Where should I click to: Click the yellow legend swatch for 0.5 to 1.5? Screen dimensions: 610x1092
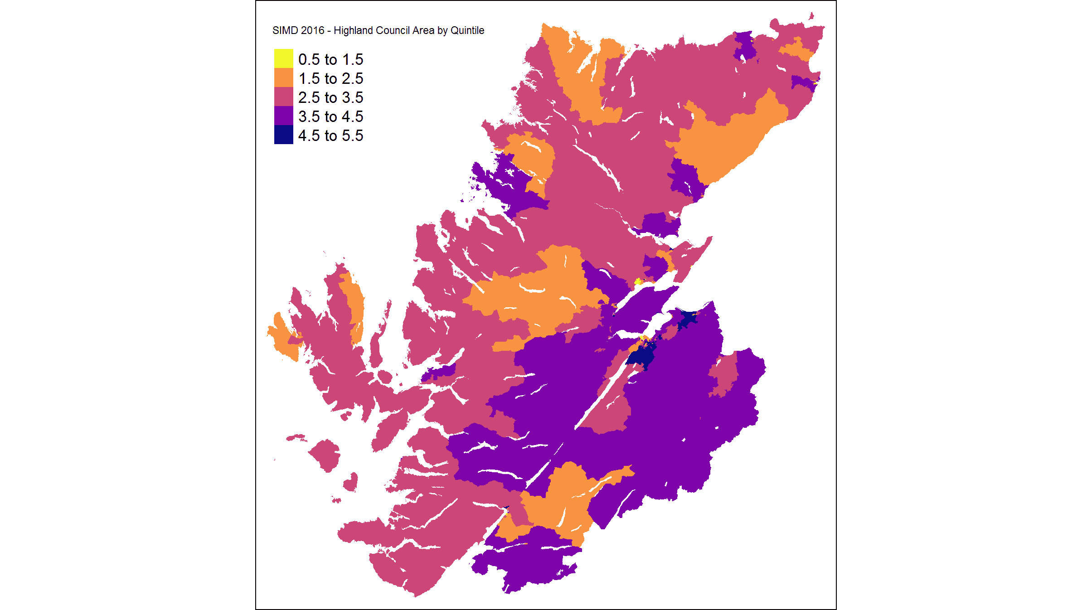(283, 58)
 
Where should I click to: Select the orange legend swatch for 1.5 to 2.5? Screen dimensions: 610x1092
(283, 77)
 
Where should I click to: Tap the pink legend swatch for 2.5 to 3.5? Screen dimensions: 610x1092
(283, 97)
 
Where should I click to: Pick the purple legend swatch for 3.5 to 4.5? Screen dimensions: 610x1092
(283, 116)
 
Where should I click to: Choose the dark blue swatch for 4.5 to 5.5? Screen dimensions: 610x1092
(283, 135)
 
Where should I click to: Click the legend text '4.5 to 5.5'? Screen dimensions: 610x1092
(330, 136)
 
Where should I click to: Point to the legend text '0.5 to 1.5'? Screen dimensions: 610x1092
(330, 59)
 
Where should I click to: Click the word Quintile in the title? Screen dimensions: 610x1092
(467, 30)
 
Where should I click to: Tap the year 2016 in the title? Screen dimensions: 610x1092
(312, 30)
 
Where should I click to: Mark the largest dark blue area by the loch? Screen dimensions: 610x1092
(640, 357)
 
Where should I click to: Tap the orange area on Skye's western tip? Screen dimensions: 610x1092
(285, 338)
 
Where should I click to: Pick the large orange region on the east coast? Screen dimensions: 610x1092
(725, 140)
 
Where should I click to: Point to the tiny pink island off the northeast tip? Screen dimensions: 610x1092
(811, 16)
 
